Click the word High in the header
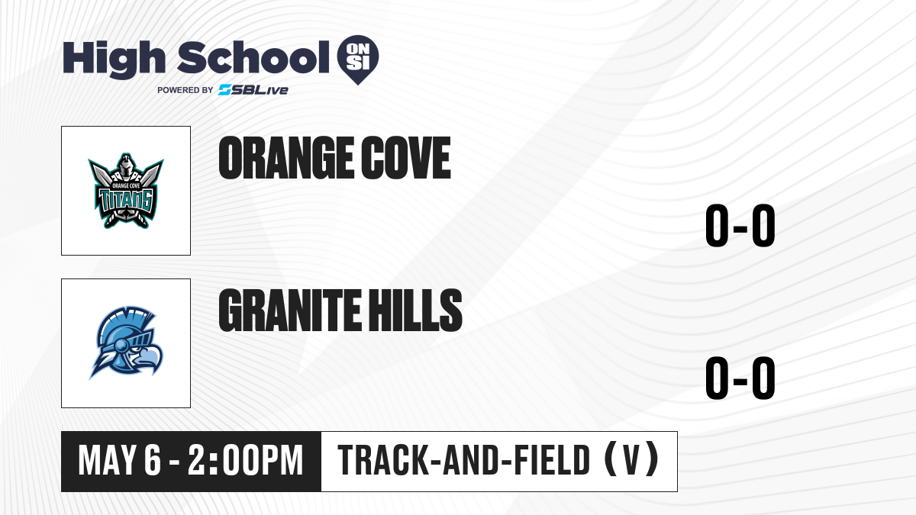point(114,59)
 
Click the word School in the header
point(253,58)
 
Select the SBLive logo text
point(253,90)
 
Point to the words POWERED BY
point(185,90)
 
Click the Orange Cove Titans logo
point(126,191)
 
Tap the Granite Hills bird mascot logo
point(126,343)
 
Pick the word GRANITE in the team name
point(289,311)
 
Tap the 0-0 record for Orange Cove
point(740,226)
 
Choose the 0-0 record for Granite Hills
point(740,378)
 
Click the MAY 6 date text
point(119,461)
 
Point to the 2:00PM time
point(245,461)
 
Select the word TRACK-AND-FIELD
point(464,460)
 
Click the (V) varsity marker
point(631,460)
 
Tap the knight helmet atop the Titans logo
point(126,167)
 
